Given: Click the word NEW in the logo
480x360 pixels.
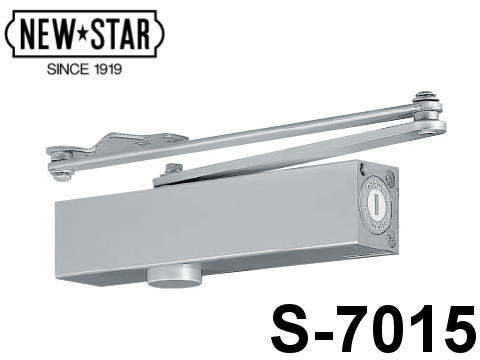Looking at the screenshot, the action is pyautogui.click(x=47, y=34).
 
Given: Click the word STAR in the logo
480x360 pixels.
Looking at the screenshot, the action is pyautogui.click(x=121, y=34).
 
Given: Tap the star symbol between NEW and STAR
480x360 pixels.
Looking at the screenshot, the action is pyautogui.click(x=83, y=34).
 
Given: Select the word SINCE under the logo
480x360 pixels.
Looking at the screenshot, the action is pyautogui.click(x=68, y=69).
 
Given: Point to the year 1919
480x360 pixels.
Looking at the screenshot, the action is pyautogui.click(x=107, y=69).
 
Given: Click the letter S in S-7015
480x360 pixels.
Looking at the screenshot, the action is pyautogui.click(x=291, y=328).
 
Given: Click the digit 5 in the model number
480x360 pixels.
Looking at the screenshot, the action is pyautogui.click(x=458, y=329).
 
